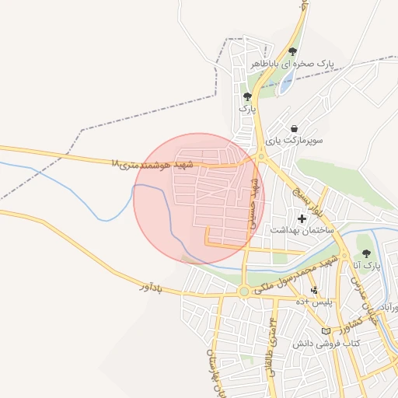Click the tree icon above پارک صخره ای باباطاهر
[292, 51]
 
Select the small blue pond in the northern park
[286, 81]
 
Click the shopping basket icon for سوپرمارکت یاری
[293, 129]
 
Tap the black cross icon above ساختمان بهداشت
[302, 218]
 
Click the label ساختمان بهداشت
[302, 230]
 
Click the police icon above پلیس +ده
[314, 291]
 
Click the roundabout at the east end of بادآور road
[244, 292]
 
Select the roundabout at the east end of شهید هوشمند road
[259, 158]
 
